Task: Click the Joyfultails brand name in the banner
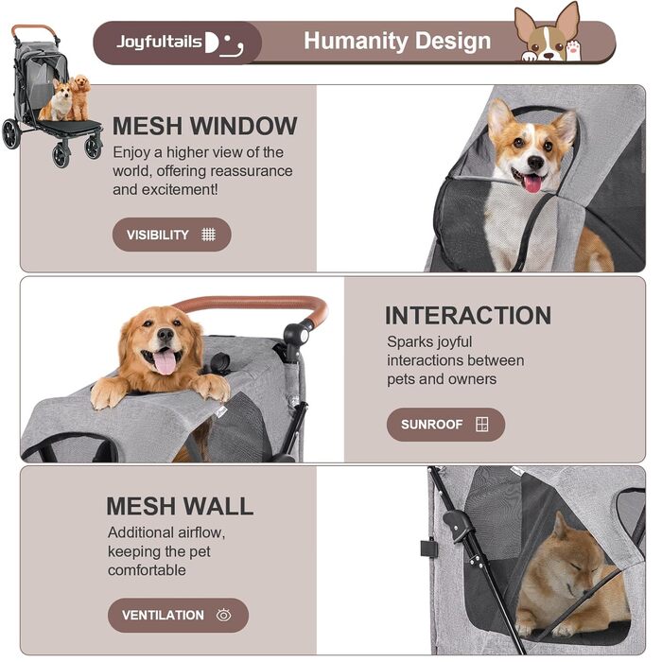click(160, 42)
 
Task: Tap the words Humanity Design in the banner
click(397, 41)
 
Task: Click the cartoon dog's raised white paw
click(573, 50)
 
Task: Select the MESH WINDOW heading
click(205, 126)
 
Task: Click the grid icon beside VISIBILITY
click(209, 235)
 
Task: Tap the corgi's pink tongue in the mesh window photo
click(532, 183)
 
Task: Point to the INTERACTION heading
click(468, 315)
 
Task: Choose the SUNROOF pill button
click(445, 425)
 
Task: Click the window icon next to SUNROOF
click(481, 424)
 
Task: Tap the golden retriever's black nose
click(165, 335)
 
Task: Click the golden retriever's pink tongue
click(165, 363)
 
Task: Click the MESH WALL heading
click(180, 506)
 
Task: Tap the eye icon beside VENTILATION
click(224, 615)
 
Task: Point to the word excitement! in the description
click(180, 189)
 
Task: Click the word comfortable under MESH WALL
click(147, 570)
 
